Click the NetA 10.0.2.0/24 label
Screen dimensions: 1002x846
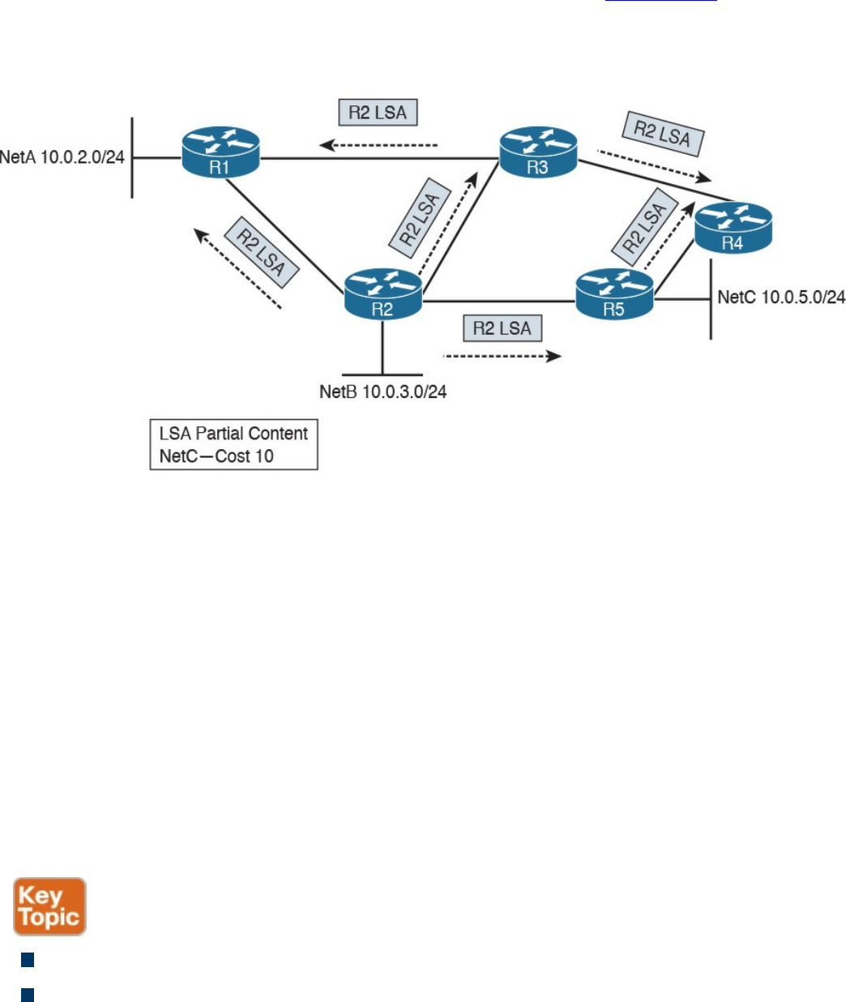tap(62, 156)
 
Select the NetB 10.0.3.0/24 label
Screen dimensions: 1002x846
tap(383, 392)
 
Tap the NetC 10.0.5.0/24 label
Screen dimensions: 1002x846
tap(781, 298)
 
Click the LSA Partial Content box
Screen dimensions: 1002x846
tap(233, 444)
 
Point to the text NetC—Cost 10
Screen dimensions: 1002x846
tap(216, 456)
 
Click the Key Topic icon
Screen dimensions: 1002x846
tap(49, 906)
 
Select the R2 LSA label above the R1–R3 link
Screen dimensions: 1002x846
tap(378, 112)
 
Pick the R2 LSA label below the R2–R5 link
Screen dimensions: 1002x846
tap(502, 328)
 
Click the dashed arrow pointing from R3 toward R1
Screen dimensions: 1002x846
tap(378, 146)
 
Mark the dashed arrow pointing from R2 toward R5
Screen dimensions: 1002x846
tap(502, 356)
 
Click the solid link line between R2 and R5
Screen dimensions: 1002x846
tap(498, 302)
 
